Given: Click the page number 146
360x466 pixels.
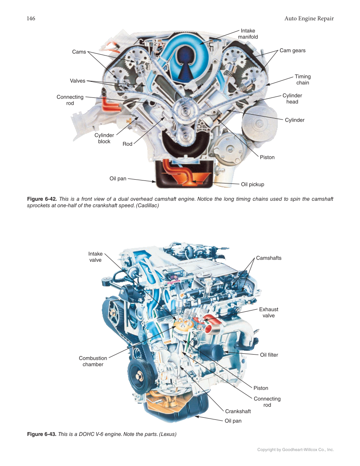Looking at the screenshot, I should pyautogui.click(x=31, y=19).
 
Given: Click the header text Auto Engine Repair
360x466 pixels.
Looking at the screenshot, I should pyautogui.click(x=309, y=19).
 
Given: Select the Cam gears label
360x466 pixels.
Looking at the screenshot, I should pyautogui.click(x=292, y=50).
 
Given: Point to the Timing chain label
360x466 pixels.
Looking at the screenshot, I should pyautogui.click(x=302, y=80).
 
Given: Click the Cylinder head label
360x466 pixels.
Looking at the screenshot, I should pyautogui.click(x=292, y=99).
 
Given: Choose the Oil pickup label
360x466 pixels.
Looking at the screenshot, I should pyautogui.click(x=252, y=184).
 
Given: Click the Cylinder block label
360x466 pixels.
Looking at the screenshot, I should pyautogui.click(x=104, y=139).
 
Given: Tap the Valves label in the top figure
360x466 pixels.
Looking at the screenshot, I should pyautogui.click(x=78, y=80).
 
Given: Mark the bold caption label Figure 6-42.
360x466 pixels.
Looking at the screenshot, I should pyautogui.click(x=42, y=199).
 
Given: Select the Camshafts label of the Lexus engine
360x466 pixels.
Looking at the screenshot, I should pyautogui.click(x=268, y=258).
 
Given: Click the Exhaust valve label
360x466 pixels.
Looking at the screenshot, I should pyautogui.click(x=268, y=313).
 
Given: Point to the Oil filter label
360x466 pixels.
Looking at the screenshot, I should pyautogui.click(x=269, y=355).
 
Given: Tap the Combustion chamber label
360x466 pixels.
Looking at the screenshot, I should pyautogui.click(x=93, y=361).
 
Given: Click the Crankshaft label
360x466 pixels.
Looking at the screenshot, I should pyautogui.click(x=238, y=411).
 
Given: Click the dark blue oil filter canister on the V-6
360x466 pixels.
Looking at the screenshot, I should pyautogui.click(x=211, y=351).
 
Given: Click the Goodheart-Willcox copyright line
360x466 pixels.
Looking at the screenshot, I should pyautogui.click(x=296, y=449).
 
